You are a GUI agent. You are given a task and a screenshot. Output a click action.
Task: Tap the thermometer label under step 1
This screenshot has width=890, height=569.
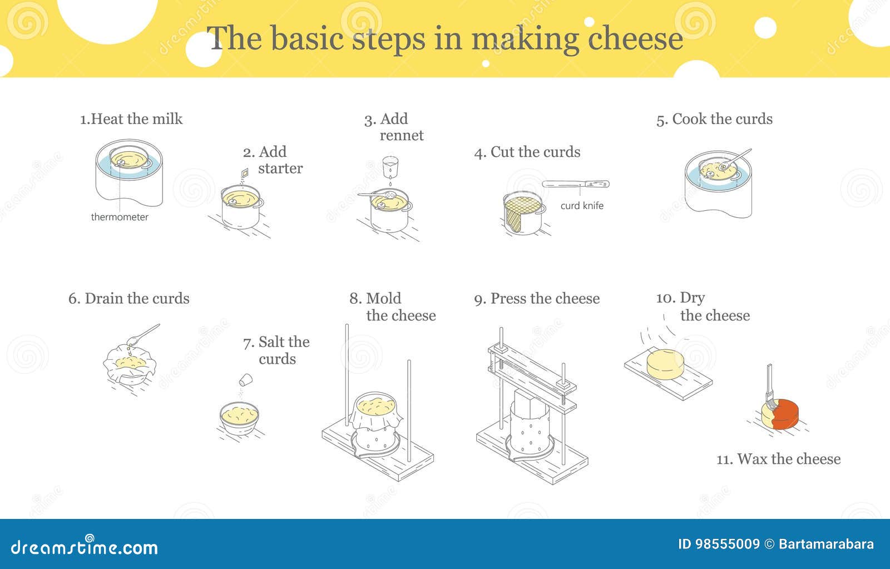coord(120,217)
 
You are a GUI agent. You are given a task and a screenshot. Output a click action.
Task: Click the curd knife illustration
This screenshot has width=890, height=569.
coord(576,184)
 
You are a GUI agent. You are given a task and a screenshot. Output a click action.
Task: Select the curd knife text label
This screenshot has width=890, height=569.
coord(582,206)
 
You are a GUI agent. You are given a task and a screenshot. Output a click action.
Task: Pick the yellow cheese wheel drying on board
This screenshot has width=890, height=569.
coord(666,364)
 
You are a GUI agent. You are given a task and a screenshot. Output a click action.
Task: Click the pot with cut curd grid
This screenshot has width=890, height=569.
coord(523,213)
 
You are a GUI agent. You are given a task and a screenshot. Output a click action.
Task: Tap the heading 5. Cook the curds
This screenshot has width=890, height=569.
coord(714,119)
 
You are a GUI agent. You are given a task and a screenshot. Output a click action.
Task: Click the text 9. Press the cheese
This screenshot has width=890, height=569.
coord(537,299)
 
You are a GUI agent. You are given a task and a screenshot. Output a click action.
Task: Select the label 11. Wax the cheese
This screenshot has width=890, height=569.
coord(778,459)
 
